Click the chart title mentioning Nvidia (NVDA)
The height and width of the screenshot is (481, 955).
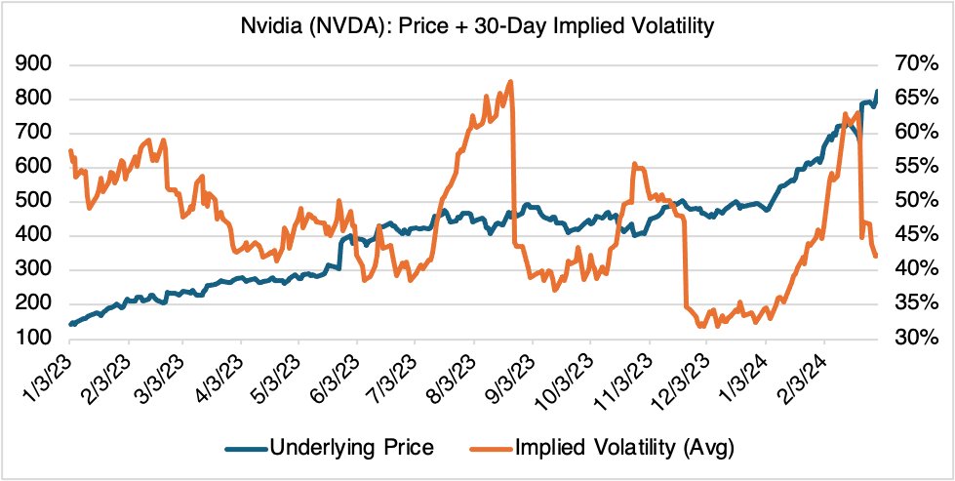tap(478, 26)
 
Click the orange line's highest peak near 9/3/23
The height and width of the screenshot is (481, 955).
tap(511, 82)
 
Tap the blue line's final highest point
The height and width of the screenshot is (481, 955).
tap(876, 91)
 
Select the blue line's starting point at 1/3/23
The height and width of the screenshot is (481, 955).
tap(70, 324)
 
